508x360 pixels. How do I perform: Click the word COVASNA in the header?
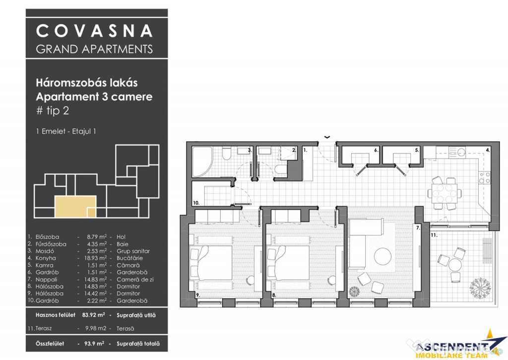coord(94,31)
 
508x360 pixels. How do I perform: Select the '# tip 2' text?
coord(53,111)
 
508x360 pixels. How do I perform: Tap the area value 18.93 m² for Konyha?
coord(97,258)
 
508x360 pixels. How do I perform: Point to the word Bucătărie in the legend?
coord(129,258)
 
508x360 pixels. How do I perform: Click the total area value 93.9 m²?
coord(94,344)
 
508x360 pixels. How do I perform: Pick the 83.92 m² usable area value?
coord(93,315)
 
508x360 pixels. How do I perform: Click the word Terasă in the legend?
coord(126,329)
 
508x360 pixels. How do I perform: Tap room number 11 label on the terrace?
coord(434,235)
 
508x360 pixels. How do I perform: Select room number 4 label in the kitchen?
coord(488,150)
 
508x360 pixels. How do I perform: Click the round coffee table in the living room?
coord(382,257)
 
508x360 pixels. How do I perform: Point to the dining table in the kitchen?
coord(444,193)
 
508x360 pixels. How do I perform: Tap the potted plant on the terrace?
coord(480,288)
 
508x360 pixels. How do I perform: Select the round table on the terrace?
coord(455,264)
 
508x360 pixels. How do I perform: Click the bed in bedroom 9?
coord(211,263)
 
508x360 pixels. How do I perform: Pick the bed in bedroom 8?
coord(288,263)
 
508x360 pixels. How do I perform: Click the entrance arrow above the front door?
coord(327,137)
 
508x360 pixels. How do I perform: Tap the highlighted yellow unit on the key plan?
coord(75,207)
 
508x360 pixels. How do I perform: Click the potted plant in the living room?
coord(354,291)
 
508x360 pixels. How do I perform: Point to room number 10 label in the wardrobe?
coord(196,203)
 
